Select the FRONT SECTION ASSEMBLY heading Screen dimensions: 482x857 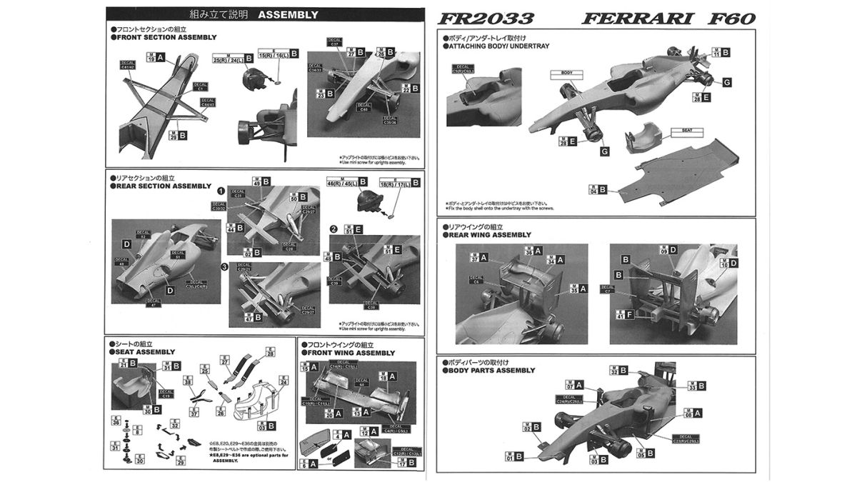(161, 36)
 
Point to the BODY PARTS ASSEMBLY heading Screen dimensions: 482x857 (493, 371)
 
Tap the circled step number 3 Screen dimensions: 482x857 (223, 266)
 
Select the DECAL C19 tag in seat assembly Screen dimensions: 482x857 (166, 393)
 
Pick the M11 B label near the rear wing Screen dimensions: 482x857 (721, 52)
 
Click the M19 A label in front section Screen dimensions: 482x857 (155, 58)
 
